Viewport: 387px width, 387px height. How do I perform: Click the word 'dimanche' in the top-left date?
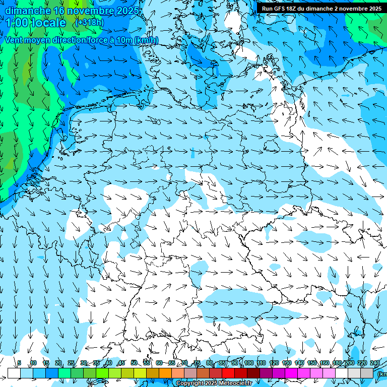point(28,11)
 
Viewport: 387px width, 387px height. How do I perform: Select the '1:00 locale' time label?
point(35,23)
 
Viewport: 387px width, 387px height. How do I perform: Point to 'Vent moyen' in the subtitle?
point(28,40)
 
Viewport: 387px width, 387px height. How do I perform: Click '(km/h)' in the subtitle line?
point(146,40)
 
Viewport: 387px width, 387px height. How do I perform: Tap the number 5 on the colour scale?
point(19,363)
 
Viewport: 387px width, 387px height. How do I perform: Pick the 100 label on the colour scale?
point(248,363)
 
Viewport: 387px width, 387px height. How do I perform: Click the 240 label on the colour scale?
point(374,363)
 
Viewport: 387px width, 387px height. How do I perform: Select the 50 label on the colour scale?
point(134,363)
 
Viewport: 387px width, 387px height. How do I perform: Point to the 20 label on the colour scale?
point(58,363)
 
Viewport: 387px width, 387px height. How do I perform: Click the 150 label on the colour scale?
point(312,363)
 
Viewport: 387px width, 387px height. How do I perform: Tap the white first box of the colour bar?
point(14,373)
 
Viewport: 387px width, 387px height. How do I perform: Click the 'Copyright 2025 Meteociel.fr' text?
point(214,383)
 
